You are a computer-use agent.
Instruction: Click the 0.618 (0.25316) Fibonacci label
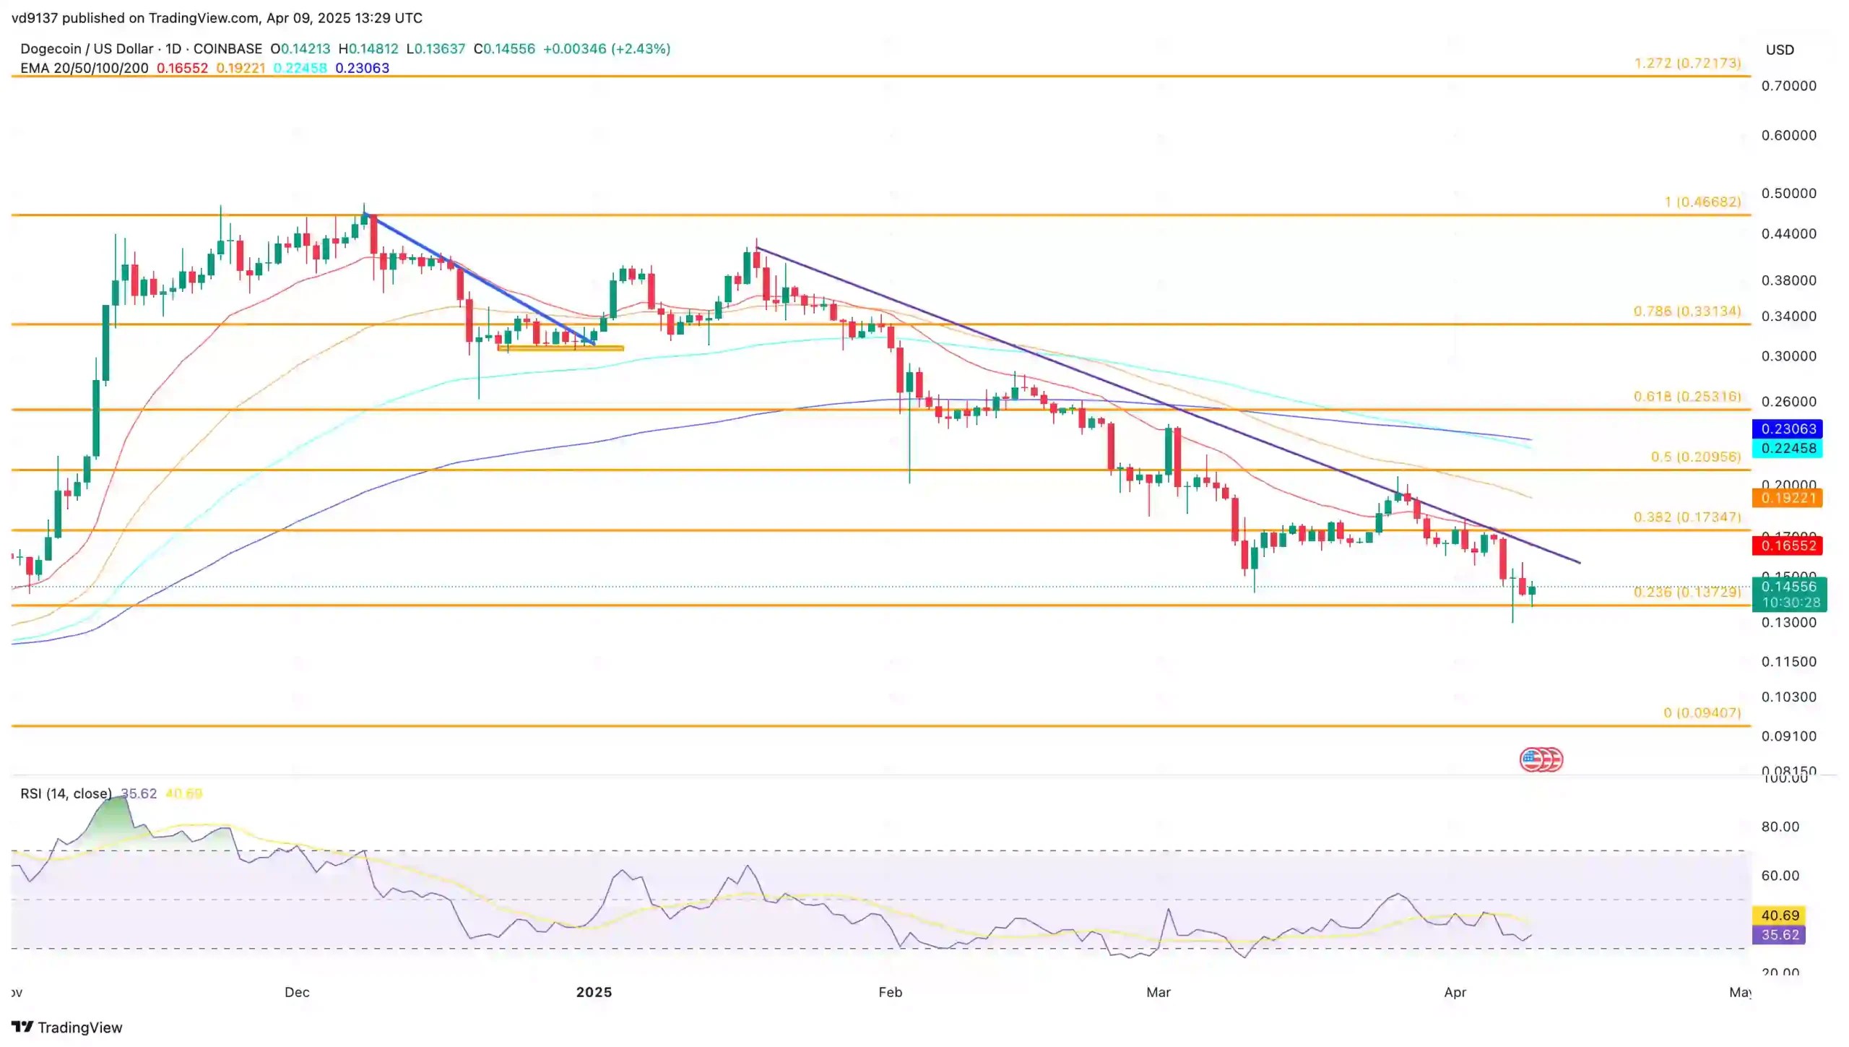1686,397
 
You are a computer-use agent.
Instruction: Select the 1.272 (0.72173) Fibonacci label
1686,63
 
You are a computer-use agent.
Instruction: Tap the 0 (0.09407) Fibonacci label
1701,712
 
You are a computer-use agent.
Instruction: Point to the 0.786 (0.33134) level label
1686,311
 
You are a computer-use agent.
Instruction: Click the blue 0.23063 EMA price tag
1788,428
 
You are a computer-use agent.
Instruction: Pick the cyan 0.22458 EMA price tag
1788,448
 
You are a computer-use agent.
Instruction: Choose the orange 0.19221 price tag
1788,498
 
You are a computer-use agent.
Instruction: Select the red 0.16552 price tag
1788,546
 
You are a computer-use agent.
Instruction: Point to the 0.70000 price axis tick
1788,86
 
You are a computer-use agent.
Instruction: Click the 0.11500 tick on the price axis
1788,662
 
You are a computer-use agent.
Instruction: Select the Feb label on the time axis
890,992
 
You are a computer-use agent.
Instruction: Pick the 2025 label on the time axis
594,992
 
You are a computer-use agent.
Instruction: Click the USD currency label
1780,50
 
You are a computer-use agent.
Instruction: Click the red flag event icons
1541,759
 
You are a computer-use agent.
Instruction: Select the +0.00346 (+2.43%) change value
607,49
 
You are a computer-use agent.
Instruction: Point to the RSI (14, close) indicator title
66,793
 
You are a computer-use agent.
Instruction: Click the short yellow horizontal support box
560,348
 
